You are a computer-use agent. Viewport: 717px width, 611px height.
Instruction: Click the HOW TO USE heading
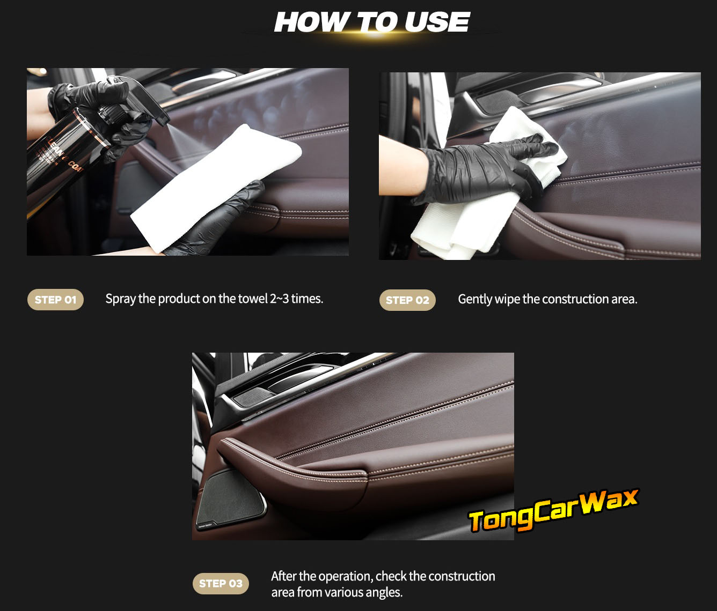tap(371, 22)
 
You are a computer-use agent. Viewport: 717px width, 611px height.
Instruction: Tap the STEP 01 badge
tap(55, 300)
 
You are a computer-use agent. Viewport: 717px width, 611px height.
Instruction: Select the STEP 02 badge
tap(407, 300)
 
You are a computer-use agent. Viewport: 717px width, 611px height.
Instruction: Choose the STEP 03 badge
tap(221, 584)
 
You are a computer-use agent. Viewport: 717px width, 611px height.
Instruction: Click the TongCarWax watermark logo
tap(554, 510)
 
